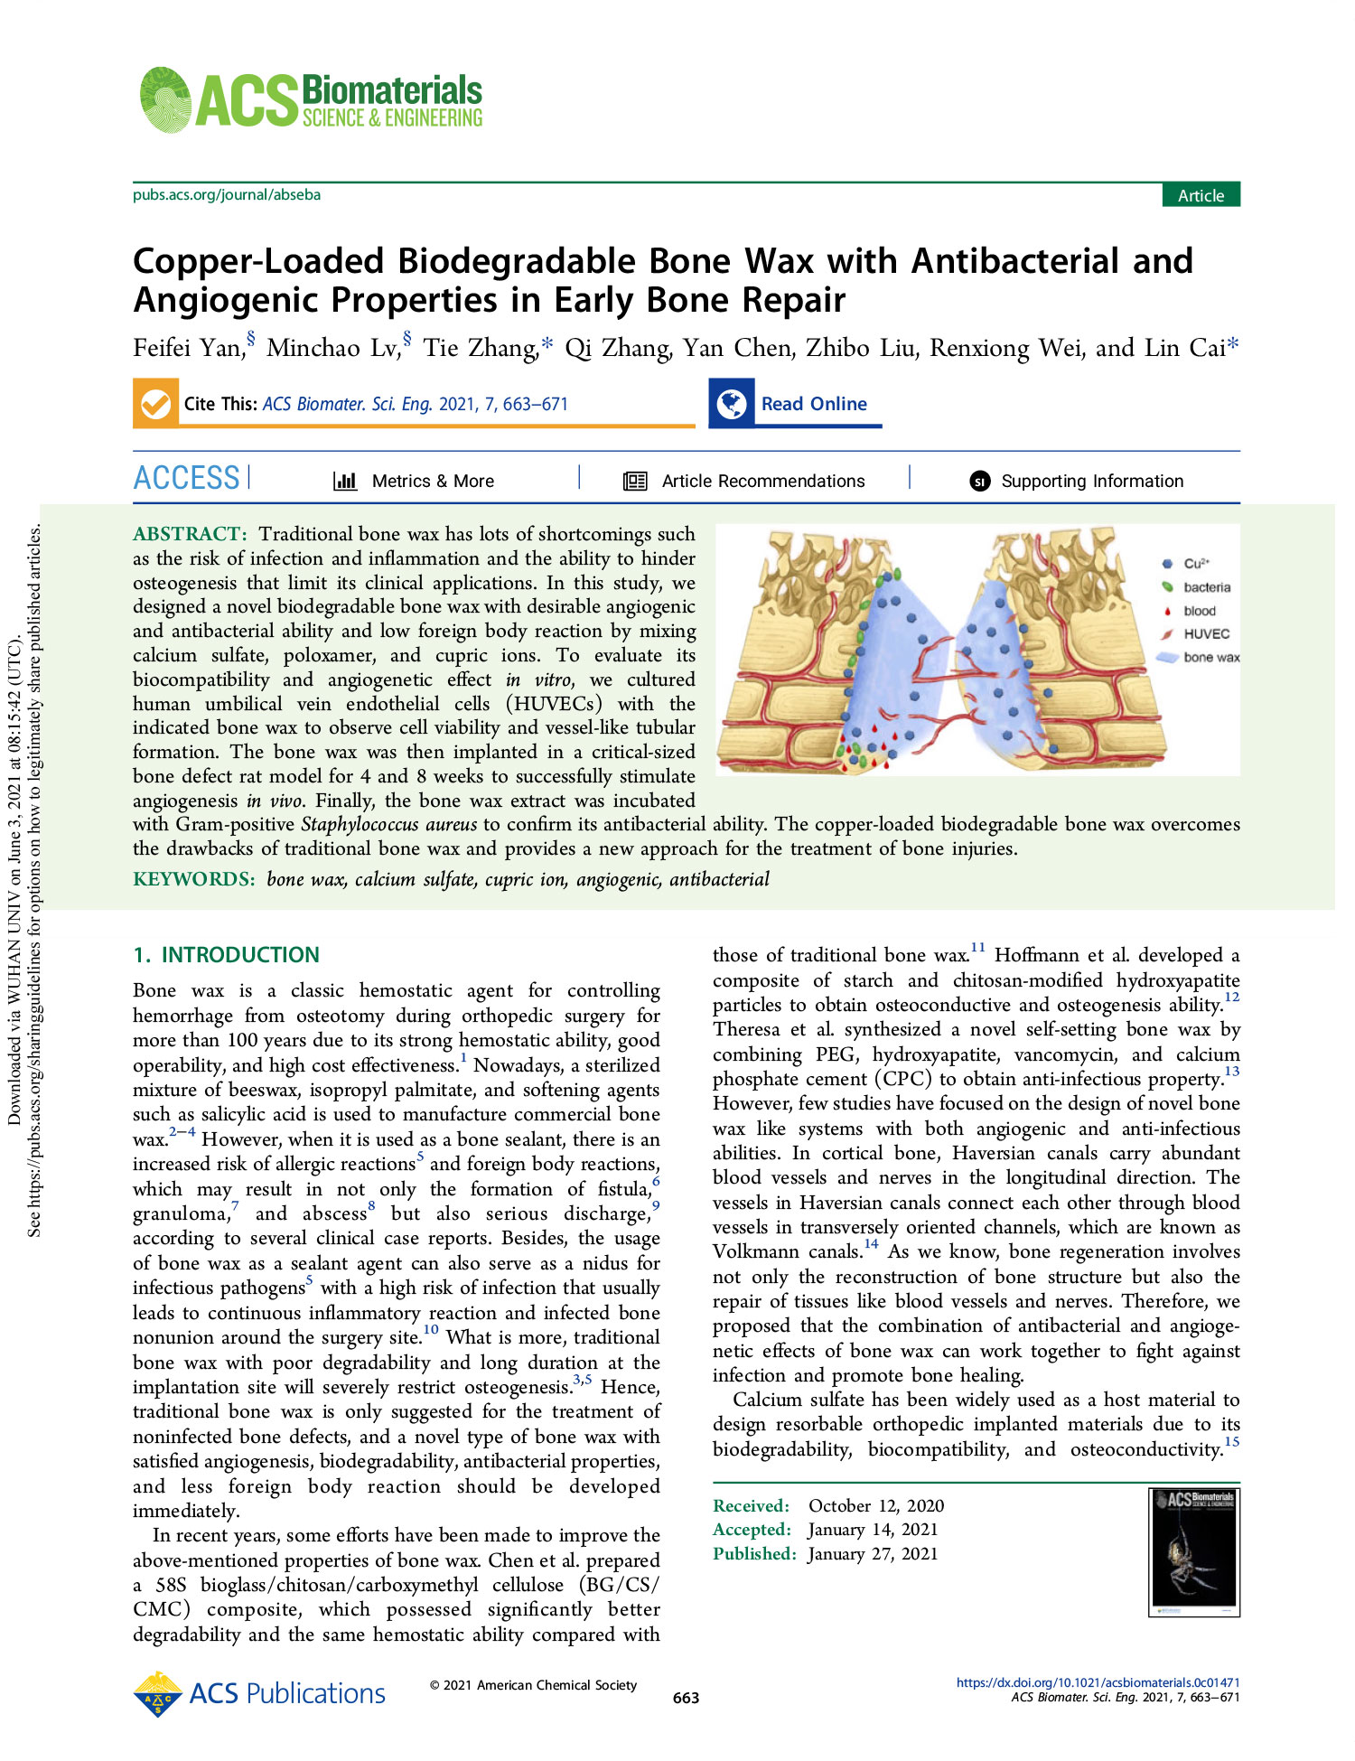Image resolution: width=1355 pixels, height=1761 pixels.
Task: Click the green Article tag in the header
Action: point(1201,195)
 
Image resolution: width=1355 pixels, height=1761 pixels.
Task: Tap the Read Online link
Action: point(813,404)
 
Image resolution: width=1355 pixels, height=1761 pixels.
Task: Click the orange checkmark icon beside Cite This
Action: point(155,404)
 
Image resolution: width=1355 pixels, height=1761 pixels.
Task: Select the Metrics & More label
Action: point(433,482)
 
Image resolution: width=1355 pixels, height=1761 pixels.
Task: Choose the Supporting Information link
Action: point(1091,482)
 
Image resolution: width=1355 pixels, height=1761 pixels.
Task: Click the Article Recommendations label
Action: point(762,482)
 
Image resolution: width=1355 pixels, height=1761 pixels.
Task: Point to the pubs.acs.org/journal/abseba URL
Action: point(227,195)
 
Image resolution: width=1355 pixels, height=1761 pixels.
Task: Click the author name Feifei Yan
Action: point(188,348)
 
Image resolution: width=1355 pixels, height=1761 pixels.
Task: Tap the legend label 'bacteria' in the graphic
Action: point(1206,587)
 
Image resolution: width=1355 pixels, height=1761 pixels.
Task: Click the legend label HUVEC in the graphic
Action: point(1206,634)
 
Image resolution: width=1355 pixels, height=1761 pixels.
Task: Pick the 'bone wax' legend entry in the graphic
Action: point(1210,658)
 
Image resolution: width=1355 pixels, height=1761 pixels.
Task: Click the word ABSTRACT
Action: point(189,534)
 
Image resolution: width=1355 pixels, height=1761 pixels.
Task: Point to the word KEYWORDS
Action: point(193,879)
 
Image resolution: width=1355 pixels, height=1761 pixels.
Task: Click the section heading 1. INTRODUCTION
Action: point(226,955)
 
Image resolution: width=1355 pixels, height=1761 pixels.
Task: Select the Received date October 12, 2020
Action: point(875,1505)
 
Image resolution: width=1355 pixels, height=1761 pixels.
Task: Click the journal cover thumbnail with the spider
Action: point(1193,1552)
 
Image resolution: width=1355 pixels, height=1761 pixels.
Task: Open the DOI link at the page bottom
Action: point(1098,1682)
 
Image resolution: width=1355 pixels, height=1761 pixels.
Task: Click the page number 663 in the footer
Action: point(686,1698)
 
